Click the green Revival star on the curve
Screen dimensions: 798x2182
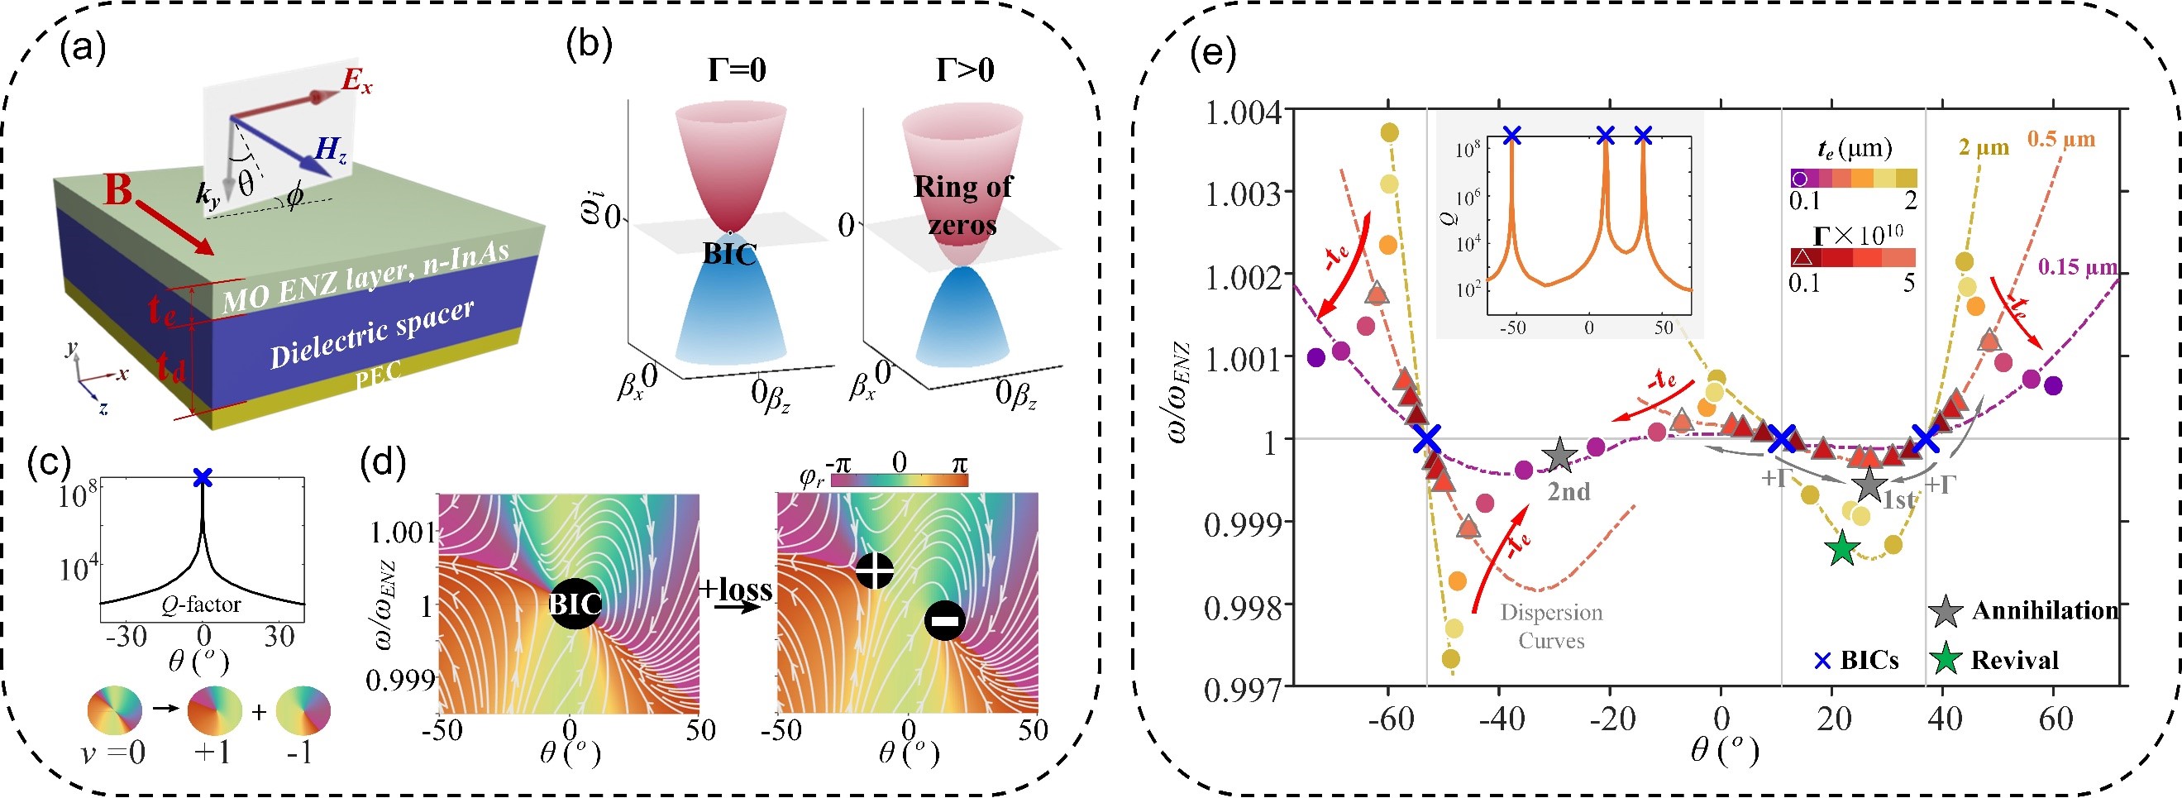click(1842, 549)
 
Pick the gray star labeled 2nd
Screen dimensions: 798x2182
click(1559, 456)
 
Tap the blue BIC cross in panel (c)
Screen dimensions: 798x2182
click(202, 478)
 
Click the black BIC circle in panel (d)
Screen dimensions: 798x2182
click(576, 604)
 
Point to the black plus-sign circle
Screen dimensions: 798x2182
click(875, 570)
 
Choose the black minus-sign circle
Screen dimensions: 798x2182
click(944, 621)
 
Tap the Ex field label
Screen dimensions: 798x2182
click(356, 82)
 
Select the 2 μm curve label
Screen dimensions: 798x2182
click(1983, 147)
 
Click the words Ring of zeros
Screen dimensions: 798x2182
click(962, 204)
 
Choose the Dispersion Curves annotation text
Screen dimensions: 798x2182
click(1551, 625)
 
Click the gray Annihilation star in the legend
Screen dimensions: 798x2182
click(1946, 611)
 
